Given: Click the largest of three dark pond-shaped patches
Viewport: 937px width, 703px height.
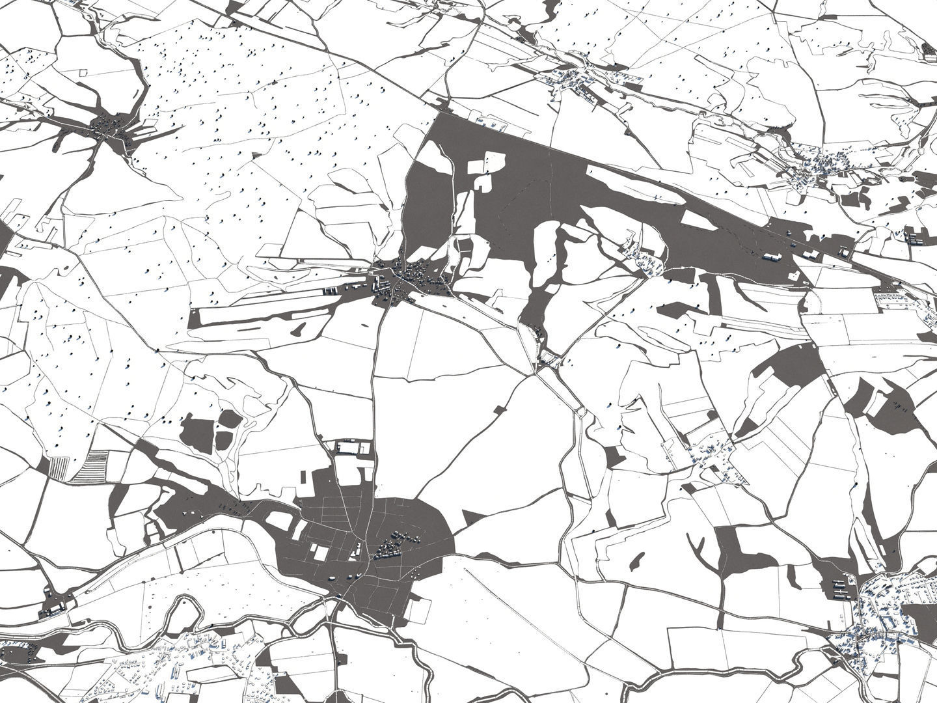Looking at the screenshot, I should pyautogui.click(x=197, y=432).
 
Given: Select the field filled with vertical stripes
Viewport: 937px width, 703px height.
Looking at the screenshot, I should pyautogui.click(x=59, y=467).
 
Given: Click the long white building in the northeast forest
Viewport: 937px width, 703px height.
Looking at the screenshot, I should pyautogui.click(x=772, y=257).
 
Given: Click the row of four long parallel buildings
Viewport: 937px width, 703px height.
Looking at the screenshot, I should pyautogui.click(x=840, y=588).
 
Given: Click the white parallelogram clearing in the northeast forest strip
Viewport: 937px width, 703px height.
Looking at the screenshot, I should pyautogui.click(x=698, y=220).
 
